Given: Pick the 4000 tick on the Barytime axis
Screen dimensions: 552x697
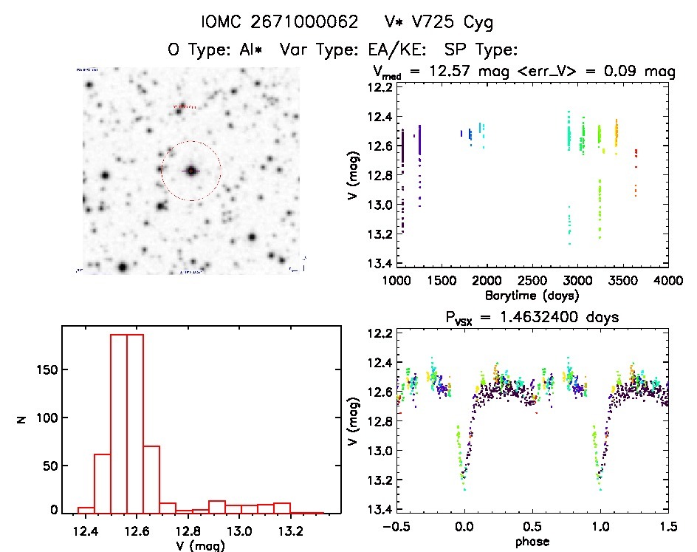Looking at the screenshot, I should (x=668, y=280).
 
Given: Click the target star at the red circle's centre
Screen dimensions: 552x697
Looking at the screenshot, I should (x=191, y=171).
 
